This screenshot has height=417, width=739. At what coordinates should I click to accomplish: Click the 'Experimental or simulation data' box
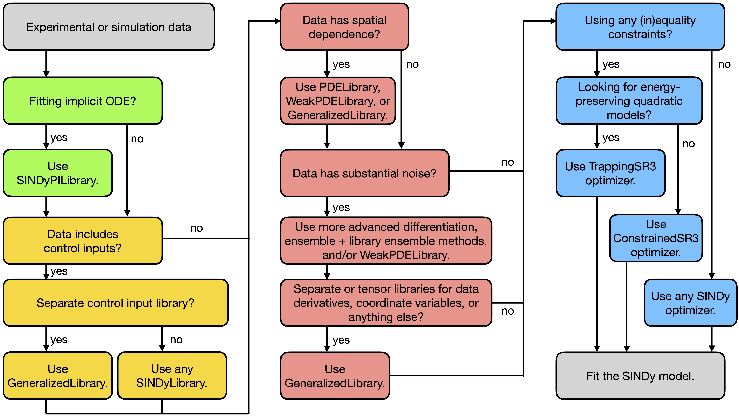tap(109, 27)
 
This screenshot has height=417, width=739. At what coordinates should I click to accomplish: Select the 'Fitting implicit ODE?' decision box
tap(83, 101)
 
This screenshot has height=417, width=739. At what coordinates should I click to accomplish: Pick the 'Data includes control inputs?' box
tap(83, 241)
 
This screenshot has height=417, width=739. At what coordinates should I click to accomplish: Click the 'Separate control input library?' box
tap(115, 303)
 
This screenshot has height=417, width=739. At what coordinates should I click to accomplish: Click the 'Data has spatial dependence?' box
tap(344, 27)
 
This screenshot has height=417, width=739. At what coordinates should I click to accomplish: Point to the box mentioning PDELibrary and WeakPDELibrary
tap(338, 101)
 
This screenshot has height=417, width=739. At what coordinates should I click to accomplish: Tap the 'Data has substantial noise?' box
tap(364, 173)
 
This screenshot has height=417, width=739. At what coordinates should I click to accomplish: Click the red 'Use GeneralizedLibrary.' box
tap(335, 376)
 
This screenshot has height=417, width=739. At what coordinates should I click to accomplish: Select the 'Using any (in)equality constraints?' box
tap(640, 27)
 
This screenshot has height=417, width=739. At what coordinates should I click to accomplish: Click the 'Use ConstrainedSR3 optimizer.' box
tap(656, 238)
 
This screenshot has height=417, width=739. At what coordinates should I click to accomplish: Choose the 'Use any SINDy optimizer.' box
tap(690, 303)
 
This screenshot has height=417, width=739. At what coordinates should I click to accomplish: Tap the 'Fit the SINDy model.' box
tap(640, 376)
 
